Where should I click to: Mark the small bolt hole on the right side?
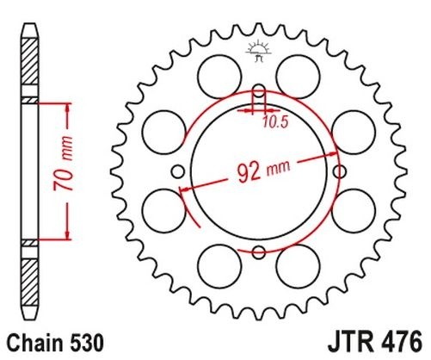(x=339, y=171)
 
